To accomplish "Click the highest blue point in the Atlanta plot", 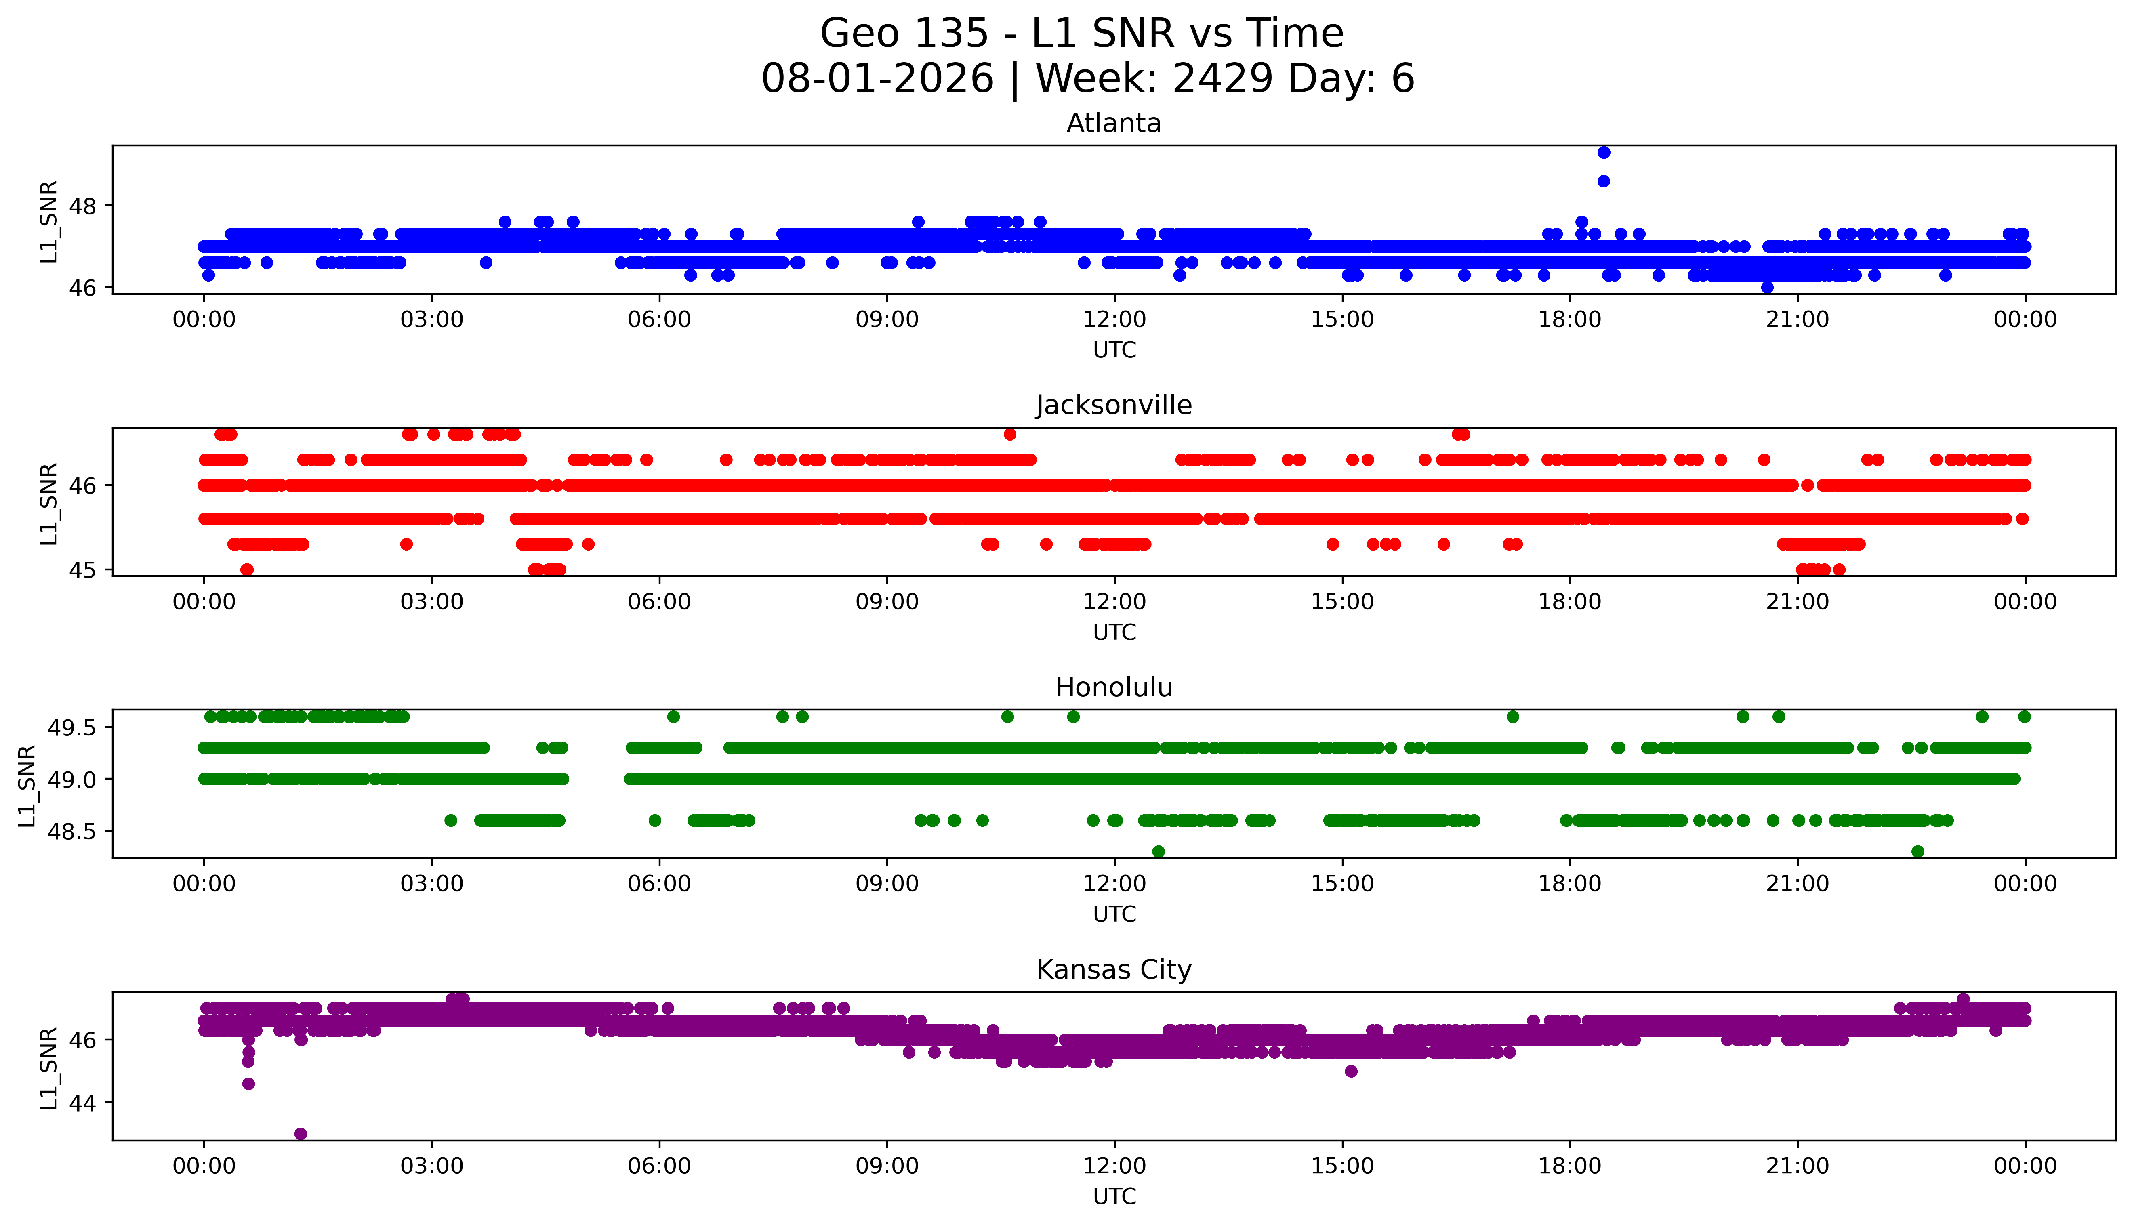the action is coord(1604,152).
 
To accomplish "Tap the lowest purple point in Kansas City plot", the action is coord(301,1133).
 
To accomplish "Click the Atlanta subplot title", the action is coord(1114,124).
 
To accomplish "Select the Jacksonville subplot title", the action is coord(1114,406).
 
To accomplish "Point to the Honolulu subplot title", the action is coord(1114,687).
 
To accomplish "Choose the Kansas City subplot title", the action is coord(1114,970).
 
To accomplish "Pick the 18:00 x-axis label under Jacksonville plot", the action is coord(1570,601).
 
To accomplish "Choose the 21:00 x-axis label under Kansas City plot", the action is coord(1798,1166).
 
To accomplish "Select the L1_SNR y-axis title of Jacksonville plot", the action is coord(49,503).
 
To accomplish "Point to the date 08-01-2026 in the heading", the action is coord(877,79).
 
